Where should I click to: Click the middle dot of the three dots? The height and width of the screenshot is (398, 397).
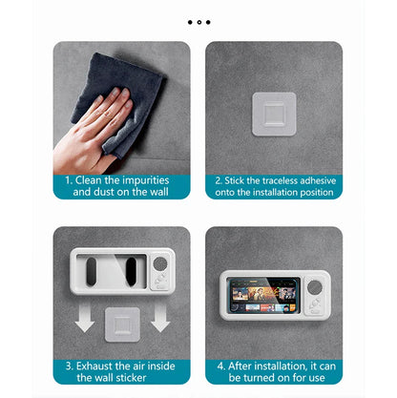pyautogui.click(x=199, y=21)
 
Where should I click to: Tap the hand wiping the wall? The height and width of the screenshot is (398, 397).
pyautogui.click(x=91, y=125)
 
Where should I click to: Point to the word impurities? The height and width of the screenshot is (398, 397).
pyautogui.click(x=145, y=178)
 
